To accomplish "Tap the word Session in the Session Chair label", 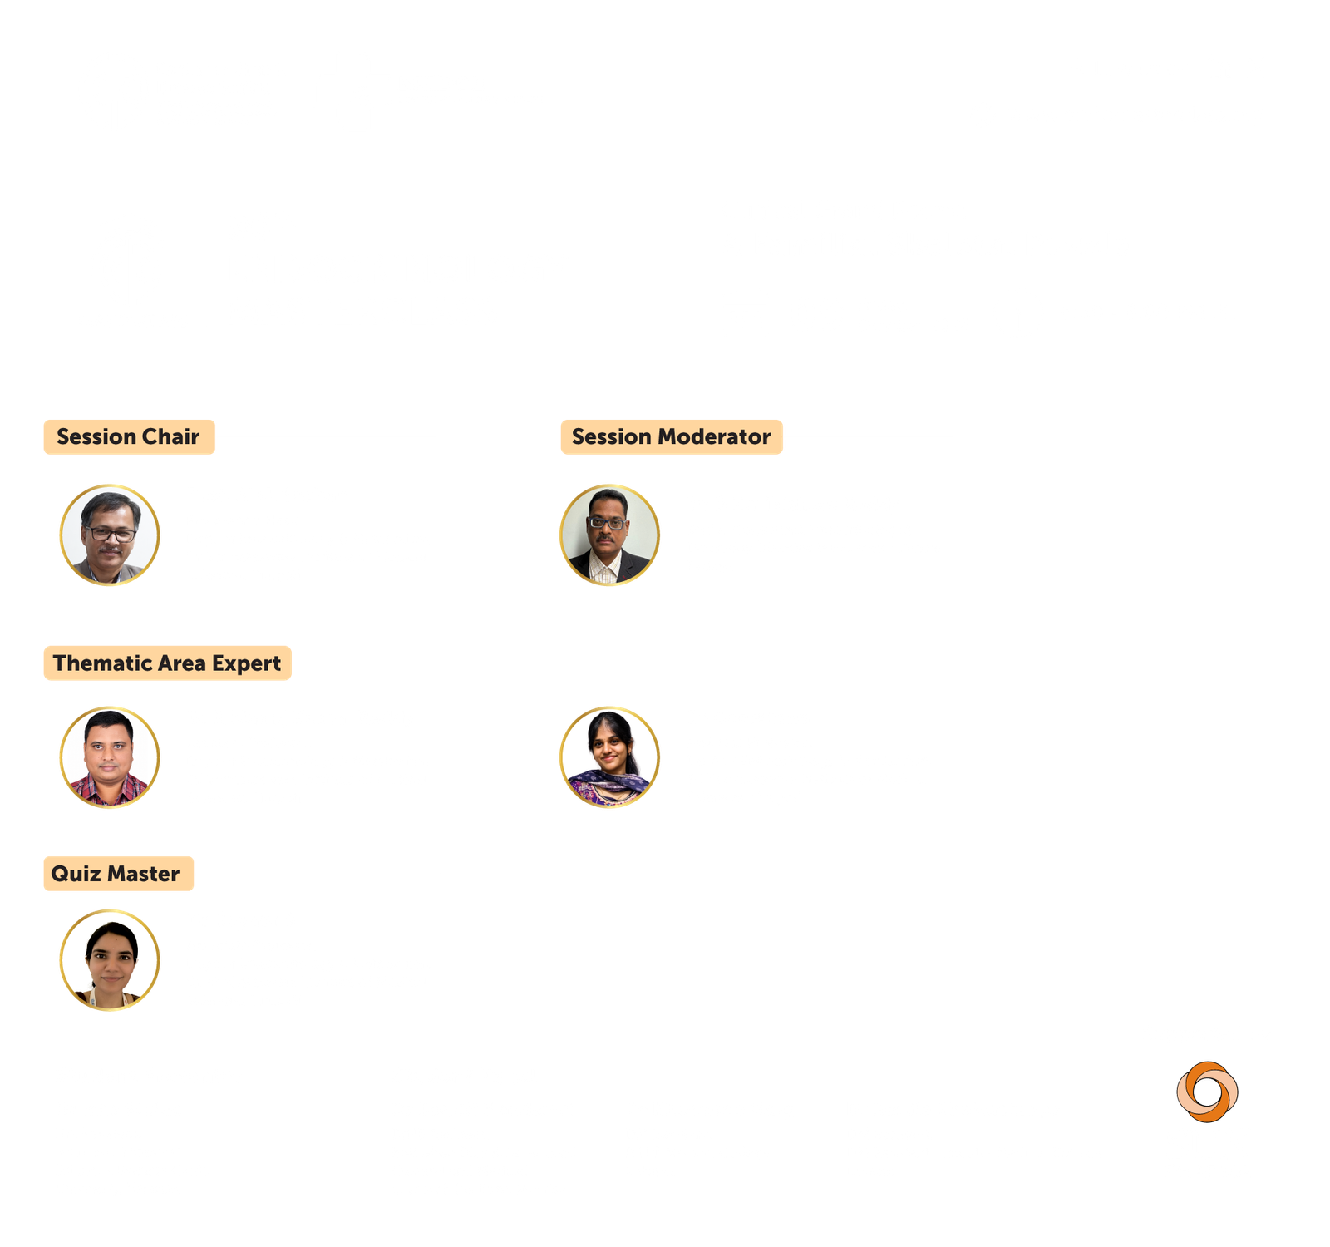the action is point(96,436).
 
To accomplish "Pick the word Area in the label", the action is point(182,663).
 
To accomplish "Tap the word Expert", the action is point(246,664).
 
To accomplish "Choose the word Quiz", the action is point(76,874).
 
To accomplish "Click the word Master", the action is point(144,874).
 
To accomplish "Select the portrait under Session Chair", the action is point(110,535).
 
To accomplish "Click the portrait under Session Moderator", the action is point(609,535).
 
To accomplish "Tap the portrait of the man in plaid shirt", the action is point(110,757).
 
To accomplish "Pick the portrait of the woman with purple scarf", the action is point(609,757).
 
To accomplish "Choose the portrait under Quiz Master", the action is point(110,960).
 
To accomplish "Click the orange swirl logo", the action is point(1207,1092).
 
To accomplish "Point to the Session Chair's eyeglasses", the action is point(111,534).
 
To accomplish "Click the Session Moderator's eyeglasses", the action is point(607,523).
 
